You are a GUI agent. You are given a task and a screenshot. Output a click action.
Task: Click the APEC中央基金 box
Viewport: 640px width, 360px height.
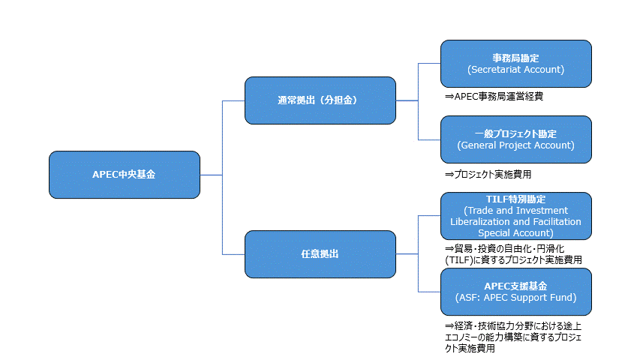pos(125,175)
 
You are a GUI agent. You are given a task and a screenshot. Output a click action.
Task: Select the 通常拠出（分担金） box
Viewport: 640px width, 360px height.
pos(320,100)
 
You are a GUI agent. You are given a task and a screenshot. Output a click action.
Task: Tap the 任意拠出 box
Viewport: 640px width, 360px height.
pos(320,253)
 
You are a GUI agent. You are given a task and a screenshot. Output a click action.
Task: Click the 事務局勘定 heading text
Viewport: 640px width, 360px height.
pos(515,58)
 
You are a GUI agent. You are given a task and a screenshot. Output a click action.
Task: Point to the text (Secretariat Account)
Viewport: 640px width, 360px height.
pos(515,69)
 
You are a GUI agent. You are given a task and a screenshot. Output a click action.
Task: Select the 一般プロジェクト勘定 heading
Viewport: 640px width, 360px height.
pos(515,133)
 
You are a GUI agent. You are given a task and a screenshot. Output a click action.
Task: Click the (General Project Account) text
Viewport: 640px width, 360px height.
pos(515,145)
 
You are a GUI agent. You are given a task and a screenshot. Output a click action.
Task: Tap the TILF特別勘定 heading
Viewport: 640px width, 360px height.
pos(515,199)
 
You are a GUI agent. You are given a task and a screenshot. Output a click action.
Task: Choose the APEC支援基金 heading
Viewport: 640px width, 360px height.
pos(515,286)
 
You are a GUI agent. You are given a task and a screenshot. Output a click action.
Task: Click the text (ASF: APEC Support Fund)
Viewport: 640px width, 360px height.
pos(515,297)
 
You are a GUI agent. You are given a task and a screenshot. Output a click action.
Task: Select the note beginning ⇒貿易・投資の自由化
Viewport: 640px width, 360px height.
pos(504,247)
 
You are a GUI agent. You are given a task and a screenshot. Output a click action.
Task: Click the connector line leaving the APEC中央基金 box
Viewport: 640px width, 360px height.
pos(212,175)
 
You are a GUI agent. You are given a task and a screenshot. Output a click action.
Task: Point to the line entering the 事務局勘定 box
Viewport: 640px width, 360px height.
pos(429,64)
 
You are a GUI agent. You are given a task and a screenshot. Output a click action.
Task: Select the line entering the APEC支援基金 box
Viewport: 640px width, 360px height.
pos(429,292)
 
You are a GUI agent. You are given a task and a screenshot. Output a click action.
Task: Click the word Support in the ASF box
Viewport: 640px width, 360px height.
pos(542,297)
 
